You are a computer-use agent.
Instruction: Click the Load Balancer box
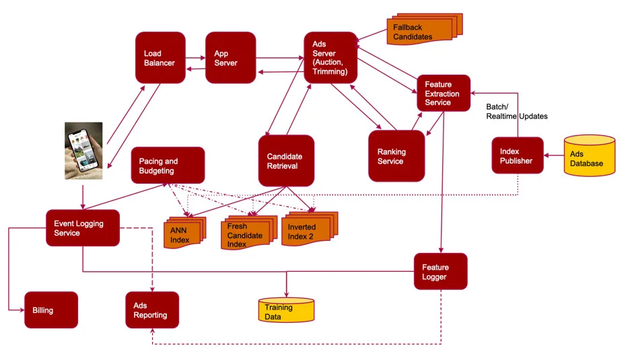160,57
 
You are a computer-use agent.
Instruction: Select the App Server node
230,57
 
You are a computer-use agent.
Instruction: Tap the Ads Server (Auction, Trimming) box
329,57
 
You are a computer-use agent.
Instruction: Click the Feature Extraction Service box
443,93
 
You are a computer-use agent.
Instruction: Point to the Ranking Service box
396,155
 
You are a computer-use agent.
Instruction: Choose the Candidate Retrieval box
286,160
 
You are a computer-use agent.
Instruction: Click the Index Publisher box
516,155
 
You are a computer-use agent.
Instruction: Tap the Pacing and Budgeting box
168,165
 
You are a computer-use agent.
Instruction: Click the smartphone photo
83,151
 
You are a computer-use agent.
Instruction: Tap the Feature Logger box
440,271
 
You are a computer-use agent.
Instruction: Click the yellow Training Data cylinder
286,310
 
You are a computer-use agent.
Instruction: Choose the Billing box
51,310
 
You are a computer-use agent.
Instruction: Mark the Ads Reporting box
151,310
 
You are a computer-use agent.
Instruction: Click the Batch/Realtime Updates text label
516,111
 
